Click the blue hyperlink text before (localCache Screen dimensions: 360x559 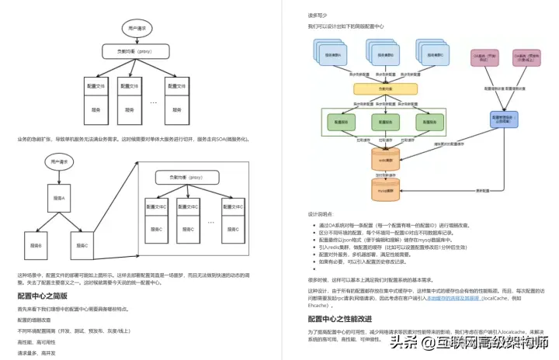450,298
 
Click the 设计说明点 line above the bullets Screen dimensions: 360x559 320,214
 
